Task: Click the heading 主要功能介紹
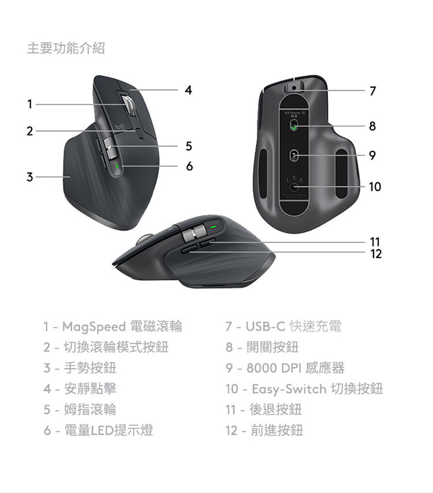[x=66, y=48]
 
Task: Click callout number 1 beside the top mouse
[x=29, y=104]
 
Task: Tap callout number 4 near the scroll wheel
[x=188, y=90]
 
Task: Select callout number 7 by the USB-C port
[x=373, y=91]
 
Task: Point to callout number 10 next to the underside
[x=375, y=186]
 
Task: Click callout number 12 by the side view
[x=376, y=254]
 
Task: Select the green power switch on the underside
[x=294, y=125]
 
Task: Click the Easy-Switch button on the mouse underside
[x=294, y=187]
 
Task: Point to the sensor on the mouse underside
[x=294, y=155]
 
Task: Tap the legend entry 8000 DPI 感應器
[x=295, y=368]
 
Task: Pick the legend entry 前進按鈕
[x=276, y=430]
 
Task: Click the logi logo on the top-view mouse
[x=120, y=127]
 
